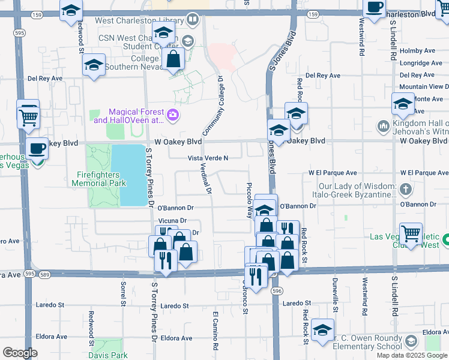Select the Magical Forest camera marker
[x=173, y=115]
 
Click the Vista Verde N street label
[x=208, y=158]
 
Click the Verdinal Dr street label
[x=204, y=180]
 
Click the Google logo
[x=20, y=353]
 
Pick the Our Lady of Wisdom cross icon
[x=406, y=190]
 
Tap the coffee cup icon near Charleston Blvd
[x=375, y=8]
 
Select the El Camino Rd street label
[x=214, y=331]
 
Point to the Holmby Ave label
[x=420, y=51]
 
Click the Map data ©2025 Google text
[x=412, y=355]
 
